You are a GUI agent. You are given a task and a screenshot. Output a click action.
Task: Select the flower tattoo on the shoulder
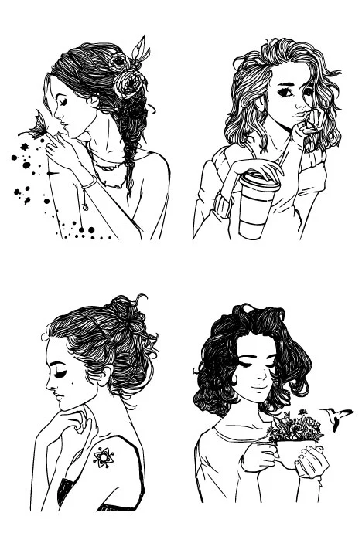pos(103,457)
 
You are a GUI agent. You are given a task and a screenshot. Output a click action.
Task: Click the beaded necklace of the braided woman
pos(108,165)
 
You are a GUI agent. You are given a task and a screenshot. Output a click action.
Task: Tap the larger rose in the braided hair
pos(128,83)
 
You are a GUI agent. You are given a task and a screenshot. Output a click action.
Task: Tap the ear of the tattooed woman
pos(102,378)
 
